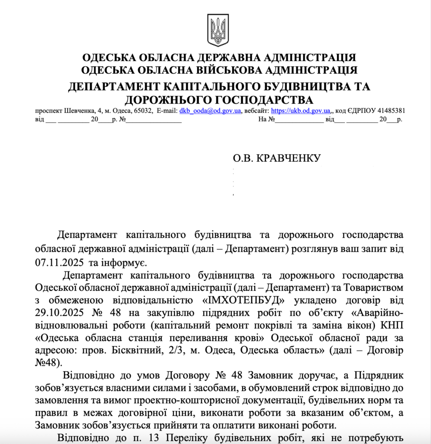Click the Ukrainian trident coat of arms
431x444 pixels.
pyautogui.click(x=218, y=30)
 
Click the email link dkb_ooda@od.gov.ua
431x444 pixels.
pyautogui.click(x=210, y=111)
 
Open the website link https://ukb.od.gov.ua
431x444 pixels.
pyautogui.click(x=301, y=111)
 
